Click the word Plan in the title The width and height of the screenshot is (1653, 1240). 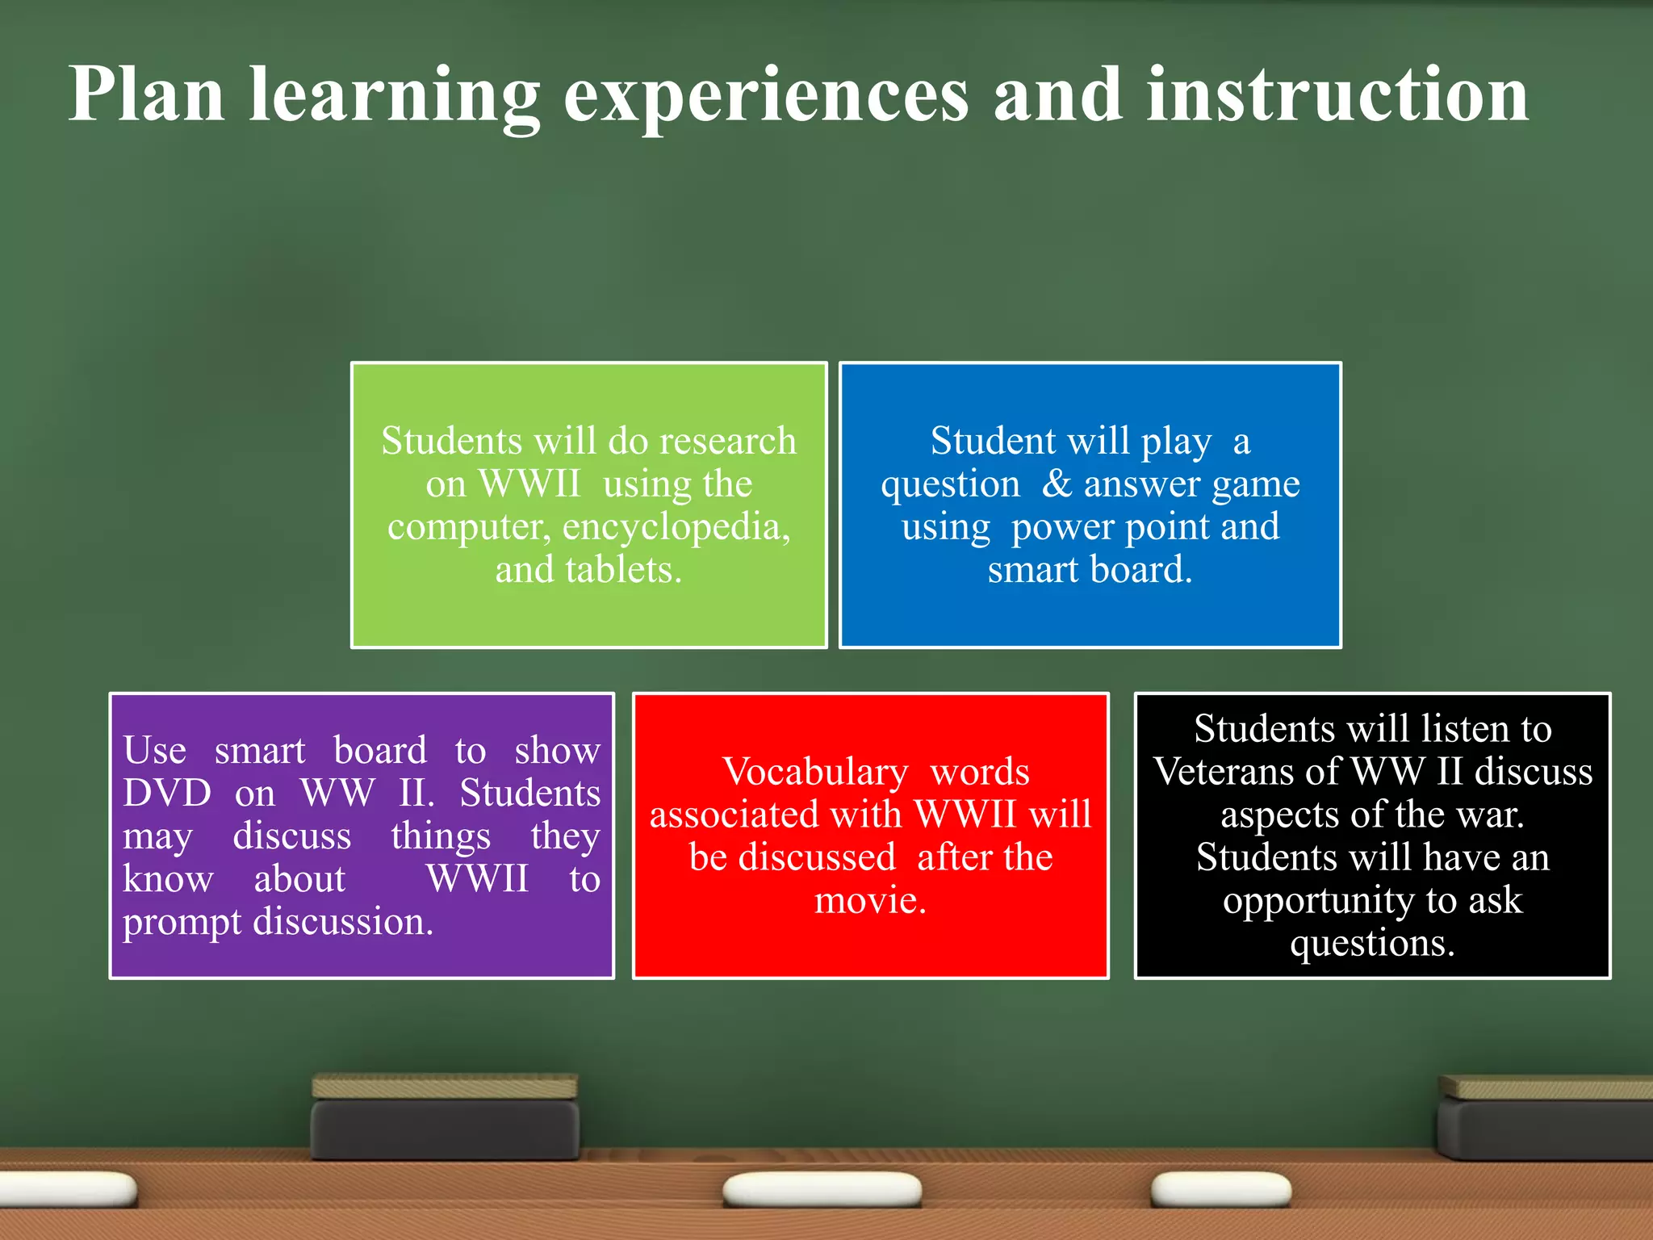coord(146,95)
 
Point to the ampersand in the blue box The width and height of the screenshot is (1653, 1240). coord(1056,484)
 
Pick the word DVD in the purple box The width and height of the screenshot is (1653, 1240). coord(167,793)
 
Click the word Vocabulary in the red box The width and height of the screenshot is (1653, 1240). coord(814,773)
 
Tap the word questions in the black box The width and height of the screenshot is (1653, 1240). coord(1371,944)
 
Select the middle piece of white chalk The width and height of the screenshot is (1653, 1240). coord(822,1190)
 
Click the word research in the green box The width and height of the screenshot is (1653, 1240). coord(727,441)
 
